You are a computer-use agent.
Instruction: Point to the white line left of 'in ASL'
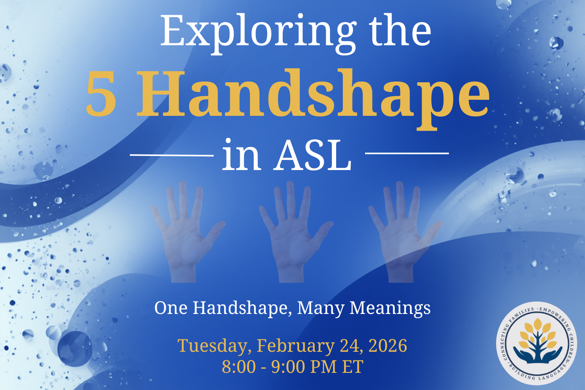[172, 155]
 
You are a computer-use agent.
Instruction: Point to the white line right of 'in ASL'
[407, 153]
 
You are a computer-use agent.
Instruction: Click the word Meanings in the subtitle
[390, 308]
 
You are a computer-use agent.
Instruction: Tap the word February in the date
[295, 346]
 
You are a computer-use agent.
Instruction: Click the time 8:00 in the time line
[239, 367]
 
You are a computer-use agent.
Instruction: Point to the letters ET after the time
[353, 367]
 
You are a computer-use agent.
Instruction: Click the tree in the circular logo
[538, 339]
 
